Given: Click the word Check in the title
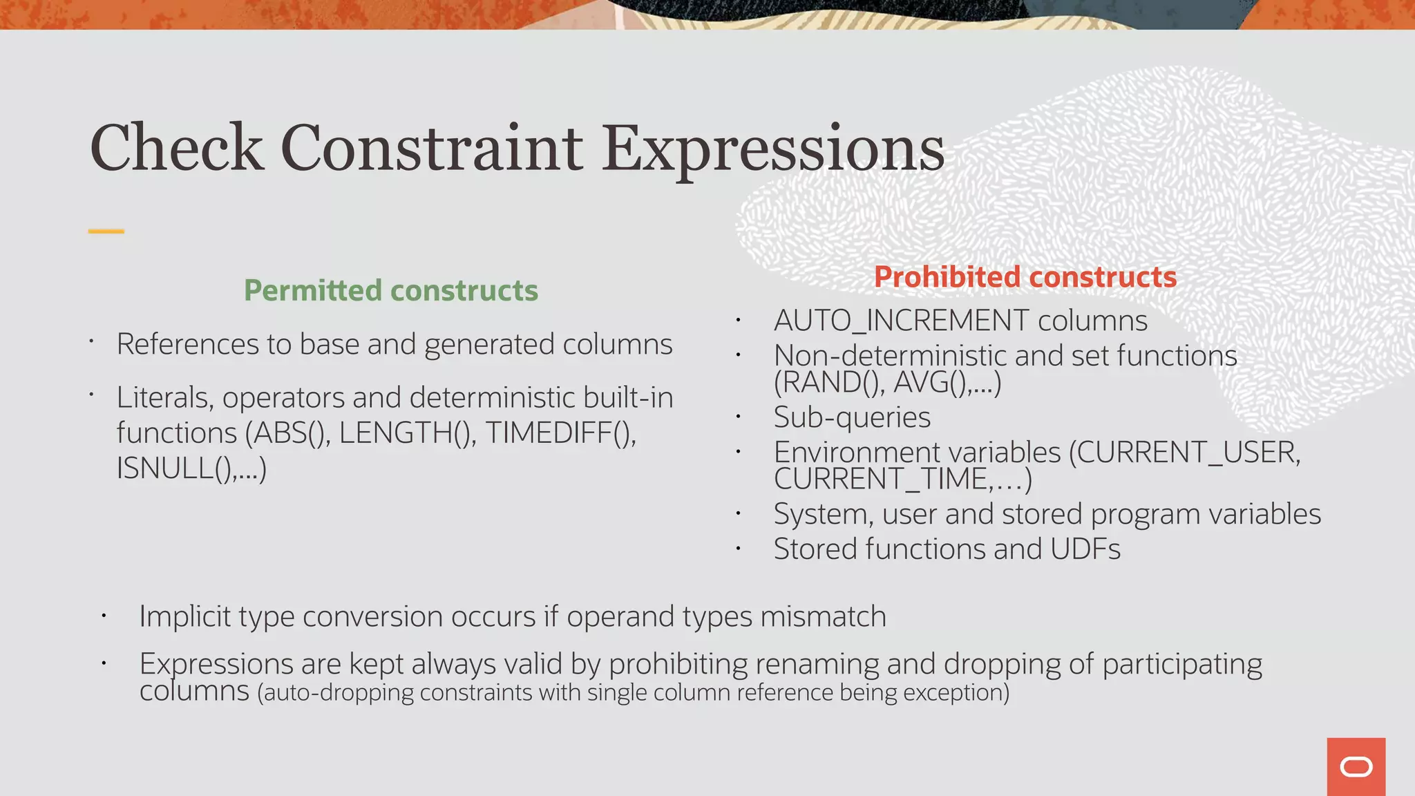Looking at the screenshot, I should (176, 148).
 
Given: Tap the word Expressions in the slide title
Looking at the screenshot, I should (772, 149).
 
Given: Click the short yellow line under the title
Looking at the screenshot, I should (106, 231).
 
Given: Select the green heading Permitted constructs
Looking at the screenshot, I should (390, 290).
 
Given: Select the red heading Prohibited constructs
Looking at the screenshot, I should (1025, 277).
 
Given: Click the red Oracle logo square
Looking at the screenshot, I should (1356, 766).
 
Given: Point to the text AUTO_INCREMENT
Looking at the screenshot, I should (901, 321).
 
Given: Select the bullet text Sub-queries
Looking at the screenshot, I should (851, 417).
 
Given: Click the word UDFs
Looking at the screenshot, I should (1085, 549).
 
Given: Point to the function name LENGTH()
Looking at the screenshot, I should (406, 433).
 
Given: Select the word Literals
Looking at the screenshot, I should (164, 398).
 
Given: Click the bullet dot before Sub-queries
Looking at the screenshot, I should (738, 417).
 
